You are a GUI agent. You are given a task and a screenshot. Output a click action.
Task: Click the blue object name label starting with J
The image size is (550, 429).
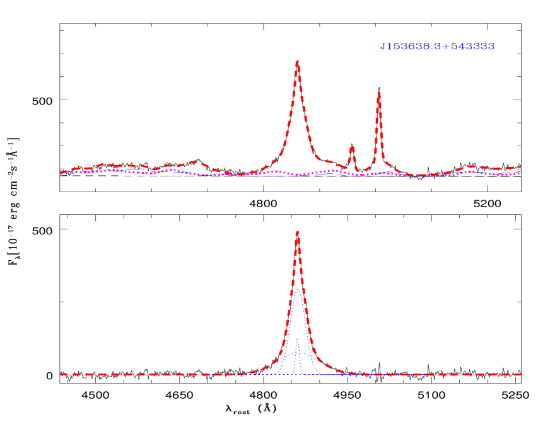pos(437,47)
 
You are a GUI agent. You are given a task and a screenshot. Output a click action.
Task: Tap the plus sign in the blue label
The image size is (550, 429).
pos(445,47)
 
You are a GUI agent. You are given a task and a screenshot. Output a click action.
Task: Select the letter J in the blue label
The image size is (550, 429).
pos(382,47)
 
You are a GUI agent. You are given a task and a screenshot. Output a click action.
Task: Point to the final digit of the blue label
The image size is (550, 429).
pos(491,47)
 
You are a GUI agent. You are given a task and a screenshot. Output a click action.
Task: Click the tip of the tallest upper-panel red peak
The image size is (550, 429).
pos(297,61)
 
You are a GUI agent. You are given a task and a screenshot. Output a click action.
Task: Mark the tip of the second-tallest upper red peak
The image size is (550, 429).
pos(378,93)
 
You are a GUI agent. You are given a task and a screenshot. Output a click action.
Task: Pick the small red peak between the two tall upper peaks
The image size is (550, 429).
pos(352,147)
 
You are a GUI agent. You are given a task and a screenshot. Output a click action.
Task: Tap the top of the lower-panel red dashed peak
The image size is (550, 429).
pos(297,231)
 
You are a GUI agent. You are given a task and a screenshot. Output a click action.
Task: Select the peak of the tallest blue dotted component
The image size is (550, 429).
pos(298,289)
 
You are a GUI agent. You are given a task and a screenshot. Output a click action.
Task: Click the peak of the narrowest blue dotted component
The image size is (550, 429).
pos(297,339)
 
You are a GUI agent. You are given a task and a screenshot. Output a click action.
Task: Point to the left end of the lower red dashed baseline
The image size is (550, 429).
pos(61,374)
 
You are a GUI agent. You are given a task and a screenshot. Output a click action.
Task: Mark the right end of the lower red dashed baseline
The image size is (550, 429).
pos(522,374)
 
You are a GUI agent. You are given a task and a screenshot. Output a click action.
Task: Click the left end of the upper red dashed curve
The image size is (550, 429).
pos(61,173)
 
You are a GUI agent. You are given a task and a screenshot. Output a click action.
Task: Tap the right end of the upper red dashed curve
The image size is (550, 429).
pos(521,167)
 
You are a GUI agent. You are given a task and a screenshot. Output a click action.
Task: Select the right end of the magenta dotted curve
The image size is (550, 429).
pos(520,172)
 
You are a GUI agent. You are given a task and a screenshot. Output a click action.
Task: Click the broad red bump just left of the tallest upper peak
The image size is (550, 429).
pos(193,163)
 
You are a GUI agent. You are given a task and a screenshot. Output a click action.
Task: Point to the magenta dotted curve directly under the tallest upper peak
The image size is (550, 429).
pos(297,174)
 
